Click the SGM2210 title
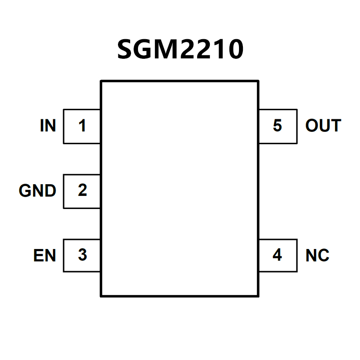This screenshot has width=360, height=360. (180, 50)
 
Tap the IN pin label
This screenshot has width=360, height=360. (48, 126)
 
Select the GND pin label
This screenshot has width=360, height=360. (37, 191)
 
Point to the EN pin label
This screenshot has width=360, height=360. (44, 256)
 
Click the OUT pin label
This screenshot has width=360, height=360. (323, 126)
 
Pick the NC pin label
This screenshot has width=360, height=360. (317, 256)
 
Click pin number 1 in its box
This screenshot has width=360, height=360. (82, 126)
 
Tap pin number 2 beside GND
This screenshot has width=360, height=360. (82, 191)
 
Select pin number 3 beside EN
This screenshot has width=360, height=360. (82, 255)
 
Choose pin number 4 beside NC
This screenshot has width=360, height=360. (277, 255)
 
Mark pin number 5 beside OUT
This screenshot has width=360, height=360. (277, 126)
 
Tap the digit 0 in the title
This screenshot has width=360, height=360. (234, 50)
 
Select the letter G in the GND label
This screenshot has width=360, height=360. (25, 191)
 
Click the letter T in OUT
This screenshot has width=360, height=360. (335, 126)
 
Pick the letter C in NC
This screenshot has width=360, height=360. (323, 256)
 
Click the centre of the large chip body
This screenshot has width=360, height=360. (179, 188)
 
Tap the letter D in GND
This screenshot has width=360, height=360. (50, 191)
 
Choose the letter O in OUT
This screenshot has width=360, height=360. (312, 126)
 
